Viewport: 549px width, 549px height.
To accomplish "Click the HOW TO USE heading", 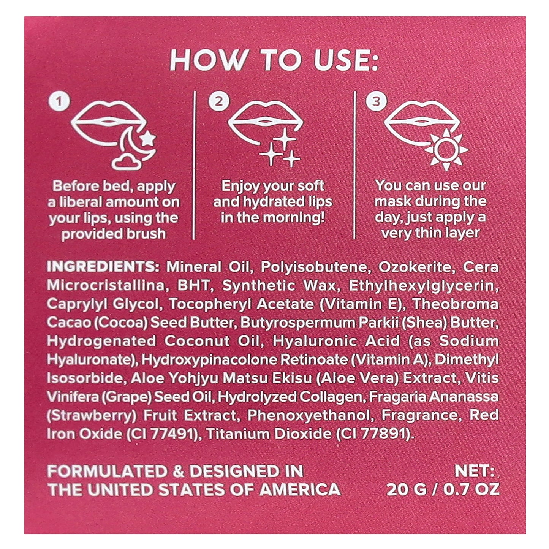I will click(274, 60).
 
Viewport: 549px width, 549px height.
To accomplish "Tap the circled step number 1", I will click(59, 101).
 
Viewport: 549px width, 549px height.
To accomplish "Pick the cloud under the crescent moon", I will click(124, 163).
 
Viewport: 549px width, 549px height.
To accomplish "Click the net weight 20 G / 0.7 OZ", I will click(443, 489).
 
